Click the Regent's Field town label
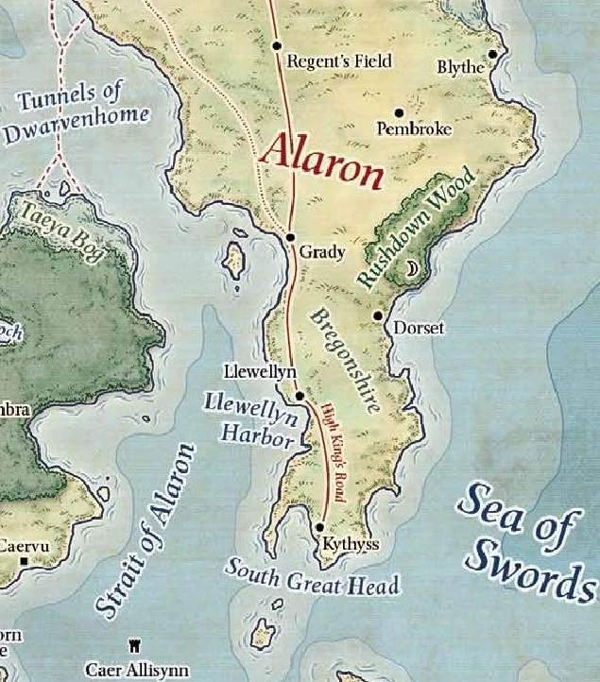point(338,61)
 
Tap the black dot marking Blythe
point(492,54)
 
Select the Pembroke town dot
point(399,112)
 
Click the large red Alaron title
point(323,161)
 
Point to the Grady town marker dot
point(290,238)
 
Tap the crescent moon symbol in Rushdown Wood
point(411,271)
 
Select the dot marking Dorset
point(378,315)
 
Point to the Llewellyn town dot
point(300,397)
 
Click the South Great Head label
point(312,575)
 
